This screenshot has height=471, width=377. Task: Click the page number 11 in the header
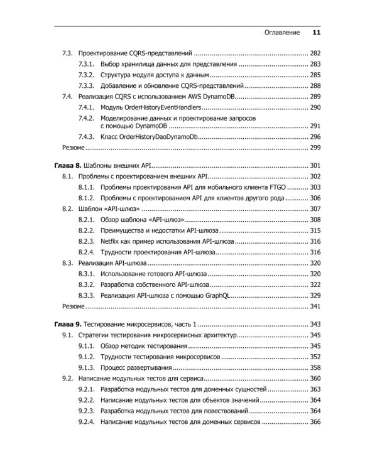pyautogui.click(x=316, y=33)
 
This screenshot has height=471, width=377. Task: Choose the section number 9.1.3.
pyautogui.click(x=86, y=367)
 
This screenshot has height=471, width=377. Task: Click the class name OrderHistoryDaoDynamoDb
pyautogui.click(x=157, y=136)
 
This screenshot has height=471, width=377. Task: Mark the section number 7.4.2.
pyautogui.click(x=86, y=118)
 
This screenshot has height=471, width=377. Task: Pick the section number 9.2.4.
pyautogui.click(x=86, y=421)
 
